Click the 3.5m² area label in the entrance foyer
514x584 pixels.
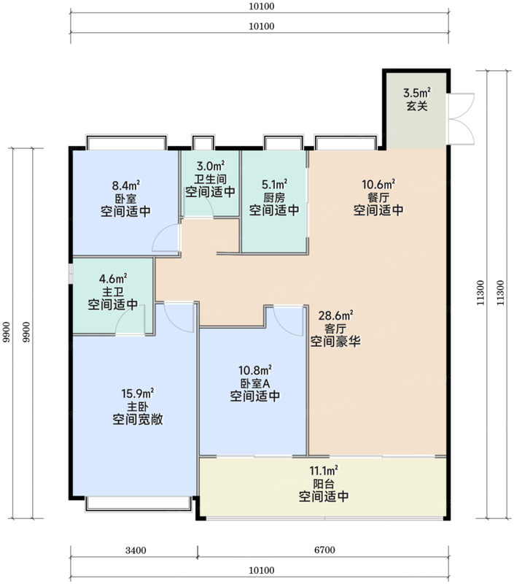click(417, 93)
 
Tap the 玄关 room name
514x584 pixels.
click(417, 106)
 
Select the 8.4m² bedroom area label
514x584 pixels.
click(126, 185)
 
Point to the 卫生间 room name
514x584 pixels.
click(211, 179)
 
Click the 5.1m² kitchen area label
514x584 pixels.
click(274, 184)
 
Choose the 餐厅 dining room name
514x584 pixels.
click(378, 197)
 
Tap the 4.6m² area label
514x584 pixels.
click(113, 279)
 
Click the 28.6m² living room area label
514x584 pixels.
click(336, 315)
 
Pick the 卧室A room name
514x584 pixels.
click(254, 383)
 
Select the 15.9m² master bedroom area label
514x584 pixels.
click(138, 393)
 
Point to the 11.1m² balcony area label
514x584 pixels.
click(324, 470)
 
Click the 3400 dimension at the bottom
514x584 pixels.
click(136, 550)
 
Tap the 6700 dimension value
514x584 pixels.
click(324, 550)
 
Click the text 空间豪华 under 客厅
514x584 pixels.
click(335, 341)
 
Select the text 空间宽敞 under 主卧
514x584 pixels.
click(138, 419)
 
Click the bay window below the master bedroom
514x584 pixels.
click(138, 504)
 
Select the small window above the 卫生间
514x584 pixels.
click(203, 142)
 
